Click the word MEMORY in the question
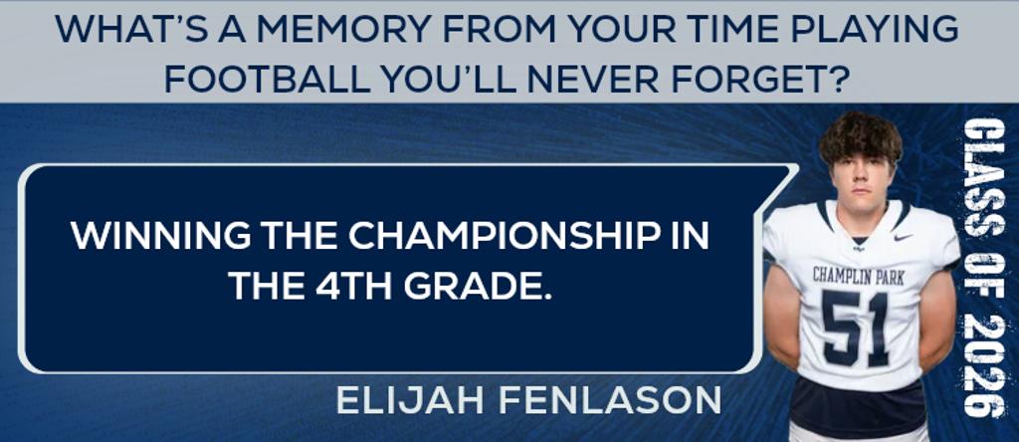338,30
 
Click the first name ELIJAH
409,400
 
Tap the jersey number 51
855,328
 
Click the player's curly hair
860,137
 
